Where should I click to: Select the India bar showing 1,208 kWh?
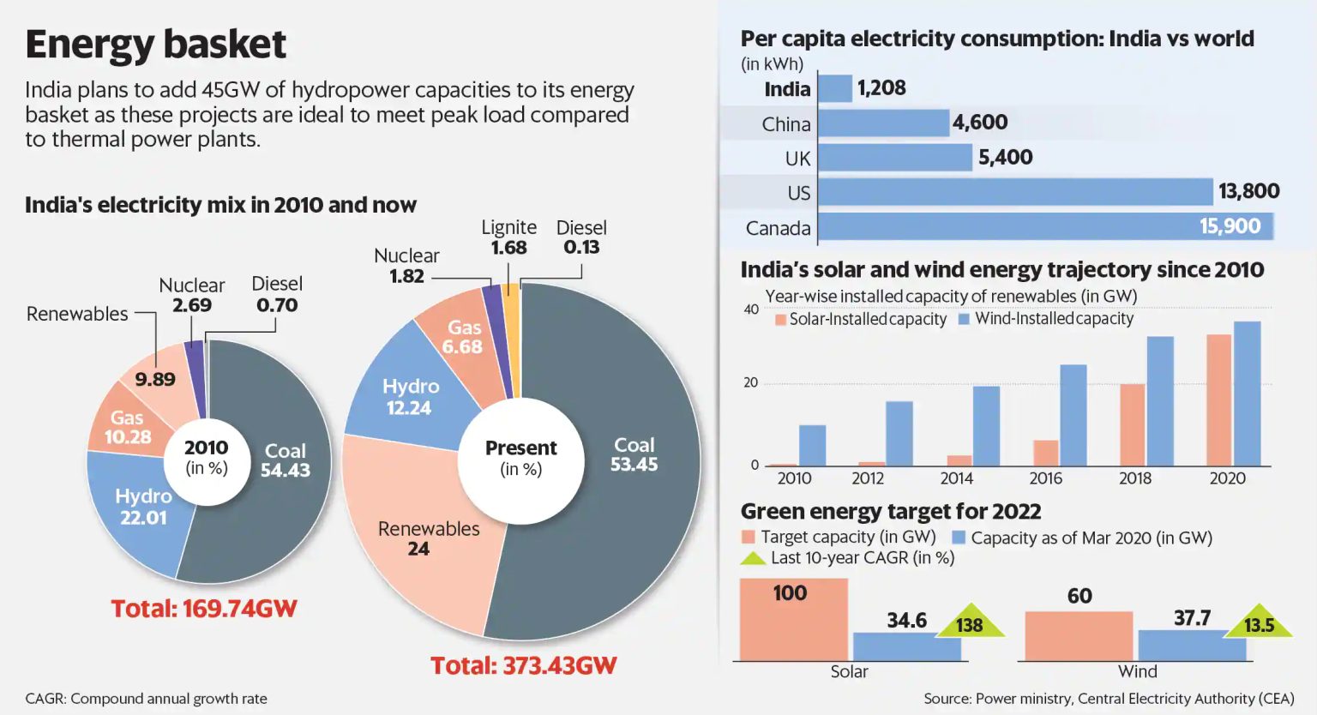click(x=835, y=88)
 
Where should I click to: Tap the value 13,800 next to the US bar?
click(x=1248, y=191)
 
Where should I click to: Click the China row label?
click(x=785, y=124)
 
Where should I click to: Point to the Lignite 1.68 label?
click(x=508, y=237)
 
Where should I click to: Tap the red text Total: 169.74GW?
click(x=204, y=609)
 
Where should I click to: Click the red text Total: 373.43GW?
click(x=523, y=666)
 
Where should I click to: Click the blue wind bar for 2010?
click(x=812, y=446)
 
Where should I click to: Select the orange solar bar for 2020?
click(x=1218, y=400)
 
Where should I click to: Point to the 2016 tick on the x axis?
click(x=1045, y=478)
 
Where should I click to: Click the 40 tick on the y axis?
click(x=751, y=309)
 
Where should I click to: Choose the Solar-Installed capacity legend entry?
click(x=861, y=319)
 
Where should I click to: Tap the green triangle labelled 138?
click(x=970, y=623)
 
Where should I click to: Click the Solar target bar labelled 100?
click(x=793, y=619)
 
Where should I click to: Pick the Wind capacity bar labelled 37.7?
click(x=1192, y=645)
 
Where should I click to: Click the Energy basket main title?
click(x=155, y=45)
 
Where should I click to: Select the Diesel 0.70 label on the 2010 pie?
click(x=276, y=294)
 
